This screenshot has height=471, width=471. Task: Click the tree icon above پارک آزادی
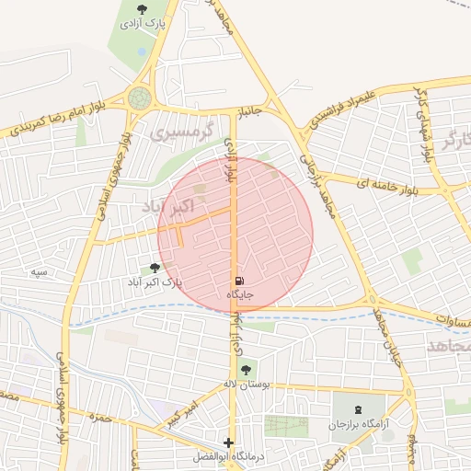[x=141, y=9]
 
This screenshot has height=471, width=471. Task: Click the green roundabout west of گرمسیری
[x=140, y=98]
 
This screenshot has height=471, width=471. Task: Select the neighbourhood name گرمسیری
[x=180, y=134]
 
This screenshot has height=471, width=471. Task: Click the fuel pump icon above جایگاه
[x=239, y=280]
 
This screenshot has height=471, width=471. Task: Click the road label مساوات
[x=452, y=324]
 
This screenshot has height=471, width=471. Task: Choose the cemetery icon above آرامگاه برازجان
[x=357, y=408]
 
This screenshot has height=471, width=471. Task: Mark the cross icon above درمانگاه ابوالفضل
[x=228, y=442]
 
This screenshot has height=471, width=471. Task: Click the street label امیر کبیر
[x=179, y=413]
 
